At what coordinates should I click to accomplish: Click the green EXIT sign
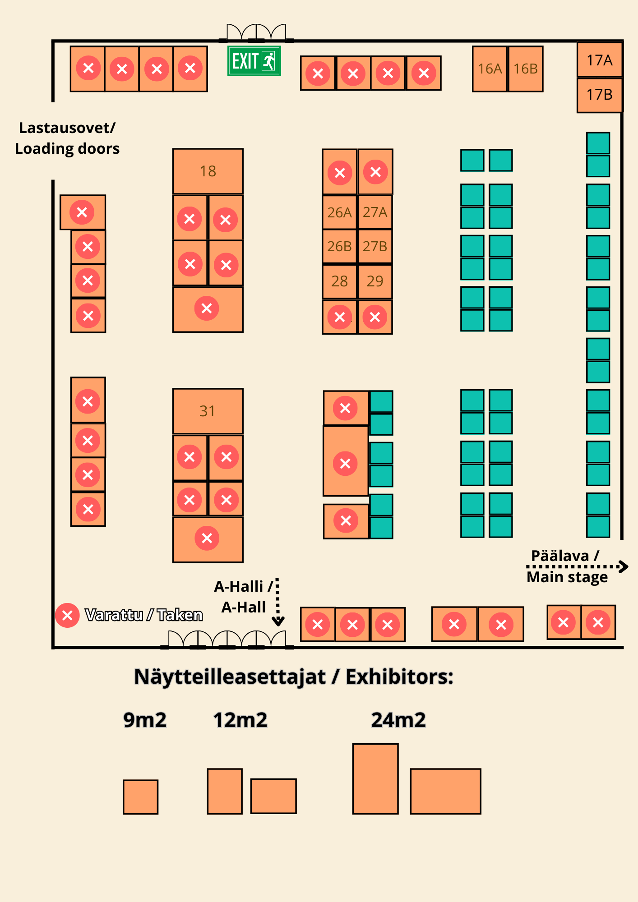click(x=254, y=61)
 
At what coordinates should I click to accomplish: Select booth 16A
click(x=490, y=69)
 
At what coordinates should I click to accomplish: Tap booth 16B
click(x=526, y=69)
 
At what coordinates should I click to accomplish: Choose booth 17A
click(x=600, y=60)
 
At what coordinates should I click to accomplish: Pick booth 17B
click(x=600, y=95)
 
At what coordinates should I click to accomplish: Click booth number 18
click(x=208, y=171)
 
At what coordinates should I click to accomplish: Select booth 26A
click(x=339, y=212)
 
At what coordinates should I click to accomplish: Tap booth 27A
click(x=375, y=212)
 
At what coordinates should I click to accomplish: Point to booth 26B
click(x=339, y=246)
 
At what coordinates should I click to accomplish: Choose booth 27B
click(x=375, y=246)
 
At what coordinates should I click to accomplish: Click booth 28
click(x=339, y=281)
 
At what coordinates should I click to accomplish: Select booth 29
click(x=375, y=281)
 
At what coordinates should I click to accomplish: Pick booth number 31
click(x=208, y=411)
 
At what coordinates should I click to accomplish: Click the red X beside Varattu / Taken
click(x=67, y=615)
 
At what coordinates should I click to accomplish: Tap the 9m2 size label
click(x=145, y=720)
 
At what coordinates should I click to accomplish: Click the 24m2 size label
click(x=398, y=720)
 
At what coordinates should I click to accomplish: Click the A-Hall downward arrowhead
click(x=278, y=621)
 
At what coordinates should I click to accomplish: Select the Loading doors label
click(x=67, y=148)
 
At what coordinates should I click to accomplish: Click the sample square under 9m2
click(x=141, y=797)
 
